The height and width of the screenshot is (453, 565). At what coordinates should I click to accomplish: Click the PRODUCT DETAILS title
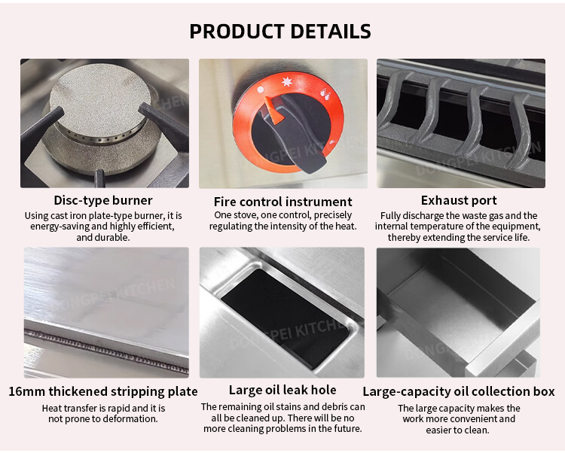point(280,32)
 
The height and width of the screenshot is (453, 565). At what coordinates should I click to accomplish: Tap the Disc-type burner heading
point(103,200)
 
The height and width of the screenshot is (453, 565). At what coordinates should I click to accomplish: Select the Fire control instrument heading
point(282,202)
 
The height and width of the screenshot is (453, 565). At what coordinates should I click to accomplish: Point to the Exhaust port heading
point(459,200)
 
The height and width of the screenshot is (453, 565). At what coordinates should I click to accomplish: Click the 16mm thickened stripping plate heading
point(103,391)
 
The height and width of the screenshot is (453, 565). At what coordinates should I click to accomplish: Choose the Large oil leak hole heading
point(282,390)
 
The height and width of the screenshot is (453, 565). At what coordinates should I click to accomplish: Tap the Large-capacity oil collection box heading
point(458,391)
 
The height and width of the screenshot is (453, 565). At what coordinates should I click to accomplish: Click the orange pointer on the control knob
point(274,110)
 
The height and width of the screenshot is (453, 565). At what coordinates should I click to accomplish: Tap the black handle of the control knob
point(299,134)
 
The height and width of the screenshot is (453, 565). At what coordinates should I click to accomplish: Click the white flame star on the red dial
point(287,82)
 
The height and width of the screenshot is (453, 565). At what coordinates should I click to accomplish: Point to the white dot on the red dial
point(261,90)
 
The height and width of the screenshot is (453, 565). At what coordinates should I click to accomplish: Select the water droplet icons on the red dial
point(325,94)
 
